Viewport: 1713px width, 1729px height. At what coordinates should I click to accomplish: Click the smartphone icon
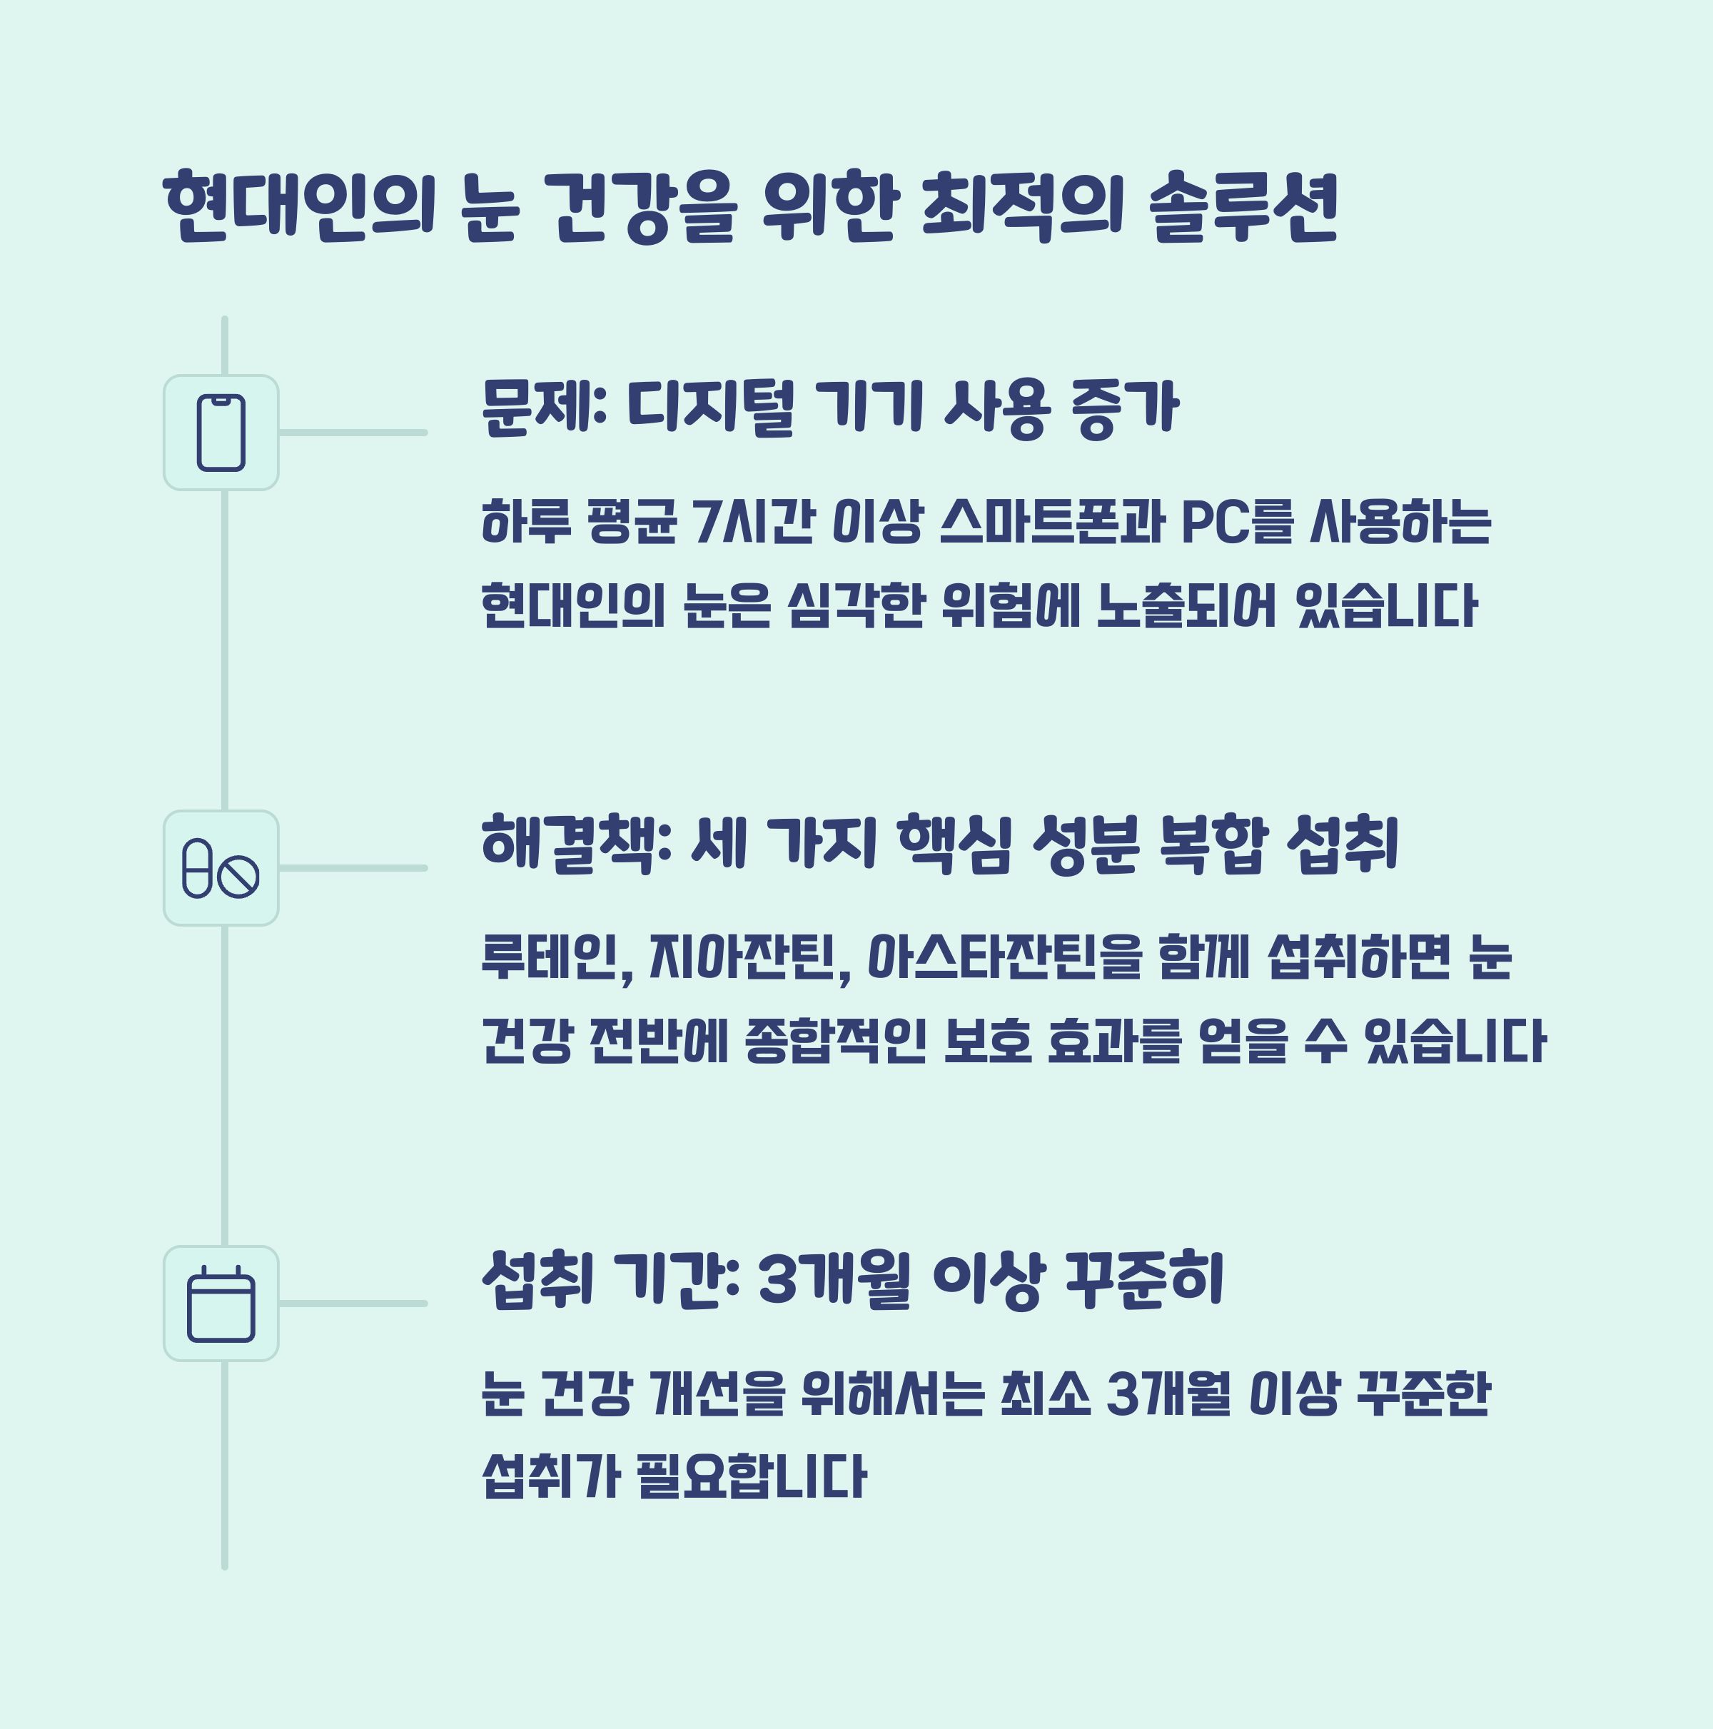pos(221,433)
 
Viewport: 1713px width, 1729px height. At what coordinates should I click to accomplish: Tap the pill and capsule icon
pos(221,868)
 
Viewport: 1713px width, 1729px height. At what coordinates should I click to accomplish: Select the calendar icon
pos(221,1304)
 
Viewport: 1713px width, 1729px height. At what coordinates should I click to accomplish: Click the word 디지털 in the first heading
pos(711,408)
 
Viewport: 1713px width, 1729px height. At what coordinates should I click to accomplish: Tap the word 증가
pos(1125,408)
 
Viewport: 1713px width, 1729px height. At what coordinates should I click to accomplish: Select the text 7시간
pos(754,521)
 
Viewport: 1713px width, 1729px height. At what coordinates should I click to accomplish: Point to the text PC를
pos(1237,521)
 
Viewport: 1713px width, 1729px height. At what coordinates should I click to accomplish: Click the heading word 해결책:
pos(577,843)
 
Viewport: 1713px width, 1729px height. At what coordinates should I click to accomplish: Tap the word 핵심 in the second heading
pos(954,843)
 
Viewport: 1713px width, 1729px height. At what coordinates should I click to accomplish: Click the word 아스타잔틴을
pos(1005,957)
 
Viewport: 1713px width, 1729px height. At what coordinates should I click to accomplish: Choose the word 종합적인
pos(835,1041)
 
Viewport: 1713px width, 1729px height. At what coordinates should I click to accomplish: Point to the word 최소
pos(1044,1393)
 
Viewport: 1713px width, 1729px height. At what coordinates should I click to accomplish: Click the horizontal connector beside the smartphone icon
pos(353,433)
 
